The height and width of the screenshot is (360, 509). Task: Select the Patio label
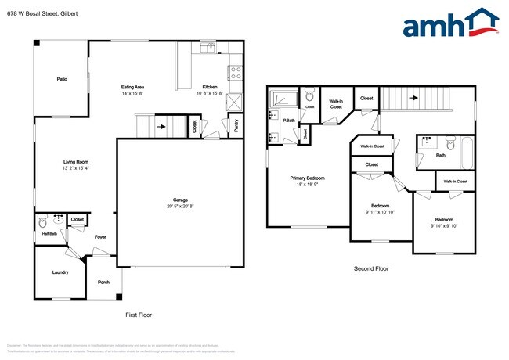click(x=61, y=79)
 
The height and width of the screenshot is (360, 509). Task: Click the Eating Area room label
click(x=132, y=87)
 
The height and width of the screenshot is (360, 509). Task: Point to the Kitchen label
click(x=210, y=87)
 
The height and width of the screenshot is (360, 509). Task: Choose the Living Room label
click(x=76, y=162)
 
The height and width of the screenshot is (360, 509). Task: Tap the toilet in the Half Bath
click(x=43, y=221)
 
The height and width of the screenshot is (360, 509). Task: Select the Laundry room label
click(x=60, y=272)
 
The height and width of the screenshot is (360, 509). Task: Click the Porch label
click(x=103, y=282)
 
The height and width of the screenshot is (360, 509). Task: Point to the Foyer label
click(x=100, y=236)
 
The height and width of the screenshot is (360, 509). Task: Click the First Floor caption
click(x=139, y=315)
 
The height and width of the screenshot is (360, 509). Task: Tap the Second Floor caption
click(x=370, y=268)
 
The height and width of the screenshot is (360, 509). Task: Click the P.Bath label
click(x=289, y=120)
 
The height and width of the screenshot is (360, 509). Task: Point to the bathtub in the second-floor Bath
click(x=467, y=152)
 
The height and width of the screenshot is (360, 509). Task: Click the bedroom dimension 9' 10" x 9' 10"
click(x=444, y=225)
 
